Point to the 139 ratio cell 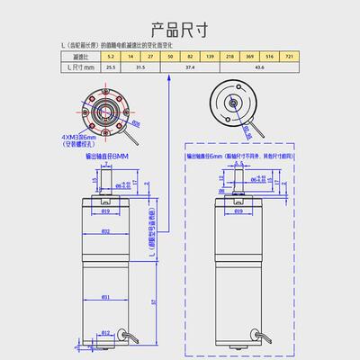pos(210,56)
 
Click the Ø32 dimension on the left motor pos(105,231)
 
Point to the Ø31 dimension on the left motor pos(105,296)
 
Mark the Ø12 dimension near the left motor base pos(105,332)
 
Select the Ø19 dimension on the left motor pos(106,212)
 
